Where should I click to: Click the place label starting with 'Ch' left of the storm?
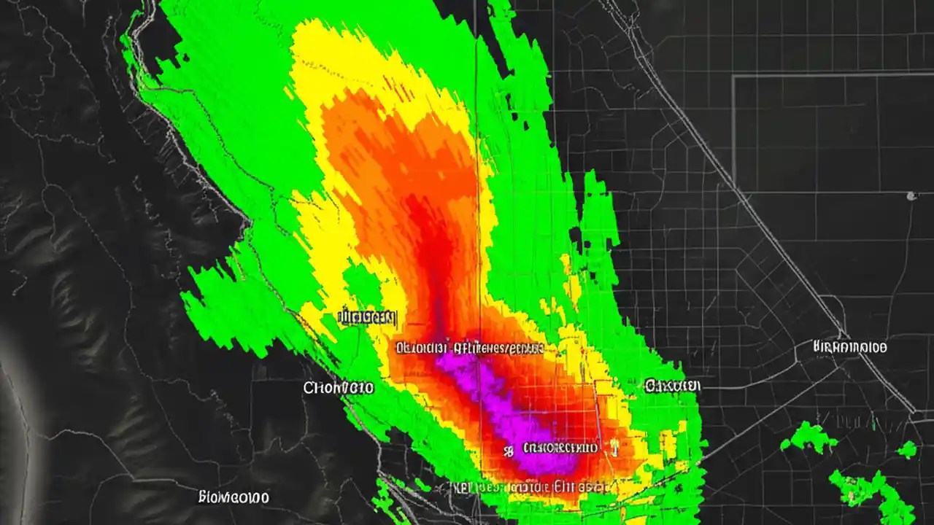(x=339, y=388)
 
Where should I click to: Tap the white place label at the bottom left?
(x=233, y=497)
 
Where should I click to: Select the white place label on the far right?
(x=849, y=347)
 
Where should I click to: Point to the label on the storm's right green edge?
(x=672, y=385)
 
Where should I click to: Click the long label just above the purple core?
(x=469, y=348)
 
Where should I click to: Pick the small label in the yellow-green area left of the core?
(x=368, y=317)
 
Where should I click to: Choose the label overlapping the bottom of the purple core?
(x=560, y=448)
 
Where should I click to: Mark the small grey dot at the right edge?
(x=911, y=195)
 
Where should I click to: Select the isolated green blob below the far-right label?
(x=808, y=437)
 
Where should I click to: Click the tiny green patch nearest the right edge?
(x=907, y=450)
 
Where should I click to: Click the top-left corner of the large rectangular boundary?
(x=733, y=76)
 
